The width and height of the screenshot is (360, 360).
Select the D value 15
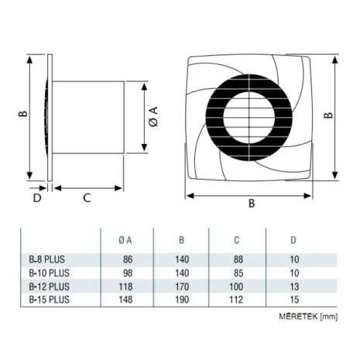point(292,299)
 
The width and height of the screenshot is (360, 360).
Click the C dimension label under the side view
point(87,197)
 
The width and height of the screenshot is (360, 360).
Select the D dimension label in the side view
point(36,197)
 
